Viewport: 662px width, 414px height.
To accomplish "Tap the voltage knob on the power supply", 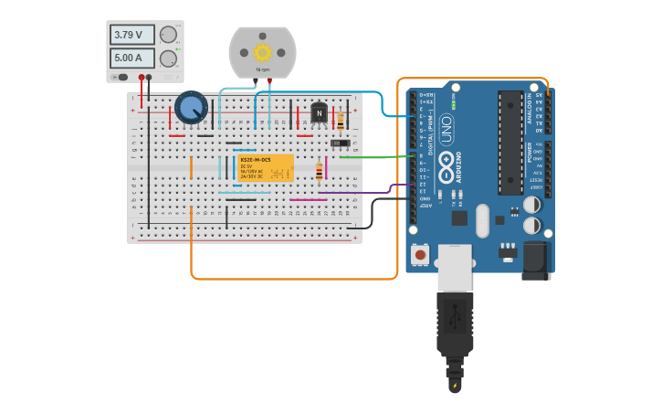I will [x=168, y=36].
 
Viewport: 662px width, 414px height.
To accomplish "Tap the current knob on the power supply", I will [x=168, y=58].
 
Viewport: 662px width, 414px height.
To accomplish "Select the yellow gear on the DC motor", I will [x=263, y=52].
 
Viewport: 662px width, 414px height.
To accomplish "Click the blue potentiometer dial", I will [x=191, y=108].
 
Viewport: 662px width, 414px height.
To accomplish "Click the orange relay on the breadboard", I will [x=266, y=168].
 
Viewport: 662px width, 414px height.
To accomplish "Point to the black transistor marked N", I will [x=319, y=113].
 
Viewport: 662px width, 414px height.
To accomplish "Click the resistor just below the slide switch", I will [x=319, y=171].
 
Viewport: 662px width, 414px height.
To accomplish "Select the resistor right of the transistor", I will [x=341, y=120].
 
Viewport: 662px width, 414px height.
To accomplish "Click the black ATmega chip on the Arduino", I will [x=509, y=143].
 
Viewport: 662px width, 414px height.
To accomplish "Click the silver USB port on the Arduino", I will [x=455, y=265].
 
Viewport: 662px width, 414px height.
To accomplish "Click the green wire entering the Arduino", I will [x=374, y=157].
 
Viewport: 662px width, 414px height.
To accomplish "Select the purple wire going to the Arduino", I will [x=365, y=192].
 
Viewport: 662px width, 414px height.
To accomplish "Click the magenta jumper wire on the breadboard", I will [x=308, y=199].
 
